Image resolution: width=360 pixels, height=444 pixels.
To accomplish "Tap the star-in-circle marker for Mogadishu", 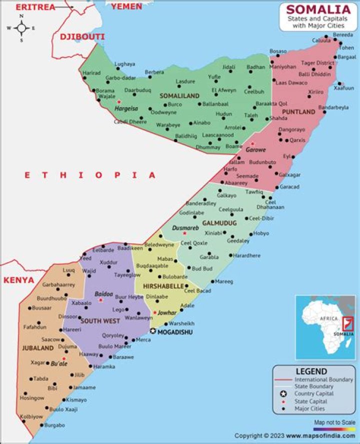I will click(153, 331).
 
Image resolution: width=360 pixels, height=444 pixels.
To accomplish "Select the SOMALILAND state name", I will click(179, 96).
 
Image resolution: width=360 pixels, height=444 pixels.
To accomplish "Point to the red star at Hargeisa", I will click(119, 102).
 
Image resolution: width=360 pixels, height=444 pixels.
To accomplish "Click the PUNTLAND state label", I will click(298, 112).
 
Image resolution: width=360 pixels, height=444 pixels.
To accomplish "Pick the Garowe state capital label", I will click(255, 150).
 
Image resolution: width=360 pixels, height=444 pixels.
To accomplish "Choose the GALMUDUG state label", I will click(219, 223).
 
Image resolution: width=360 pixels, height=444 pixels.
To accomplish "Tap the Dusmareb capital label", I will click(185, 228).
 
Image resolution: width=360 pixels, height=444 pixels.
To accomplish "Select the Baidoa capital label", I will click(103, 294).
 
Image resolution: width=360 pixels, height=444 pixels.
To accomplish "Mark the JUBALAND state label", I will click(37, 348).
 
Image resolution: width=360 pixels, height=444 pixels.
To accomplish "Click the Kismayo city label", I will click(76, 400).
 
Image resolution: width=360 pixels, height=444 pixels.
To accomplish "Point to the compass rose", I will click(21, 28).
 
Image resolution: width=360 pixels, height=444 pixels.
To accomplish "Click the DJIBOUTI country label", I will click(82, 37).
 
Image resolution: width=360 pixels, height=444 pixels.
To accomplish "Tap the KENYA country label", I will click(19, 280).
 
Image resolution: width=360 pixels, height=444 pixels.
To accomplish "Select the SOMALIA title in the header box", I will click(318, 10).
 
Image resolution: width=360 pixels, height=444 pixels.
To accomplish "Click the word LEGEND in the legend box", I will click(311, 371).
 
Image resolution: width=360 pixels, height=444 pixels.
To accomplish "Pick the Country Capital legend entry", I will click(314, 393).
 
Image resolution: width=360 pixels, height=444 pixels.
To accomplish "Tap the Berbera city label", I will click(154, 72).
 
